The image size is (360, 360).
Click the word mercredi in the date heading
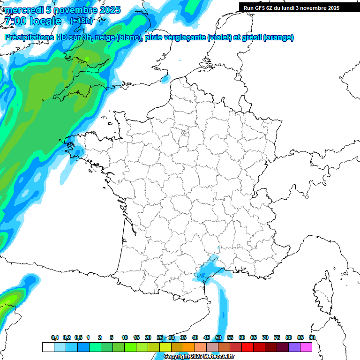coord(23,10)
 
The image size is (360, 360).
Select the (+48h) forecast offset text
coord(81,21)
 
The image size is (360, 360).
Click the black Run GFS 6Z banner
coord(292,7)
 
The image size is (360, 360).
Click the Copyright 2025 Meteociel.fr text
coord(199,357)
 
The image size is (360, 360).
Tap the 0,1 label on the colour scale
coord(55,337)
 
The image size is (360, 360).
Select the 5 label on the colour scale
coord(112,337)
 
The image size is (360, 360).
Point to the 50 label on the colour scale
coord(218,337)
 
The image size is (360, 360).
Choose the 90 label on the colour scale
coord(312,337)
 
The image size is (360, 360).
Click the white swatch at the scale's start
coord(48,347)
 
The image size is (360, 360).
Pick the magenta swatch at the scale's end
coord(306,347)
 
